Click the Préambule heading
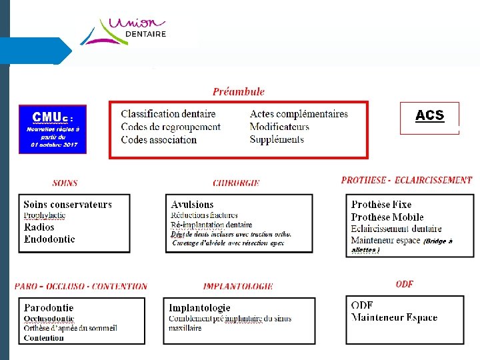pos(238,92)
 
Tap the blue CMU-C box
pos(53,129)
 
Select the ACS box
pos(429,117)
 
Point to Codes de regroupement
pos(171,127)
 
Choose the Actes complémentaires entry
pos(299,114)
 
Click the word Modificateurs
pos(279,127)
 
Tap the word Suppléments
pos(277,139)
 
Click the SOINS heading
pos(65,183)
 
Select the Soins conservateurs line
pos(67,205)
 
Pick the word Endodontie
pos(49,239)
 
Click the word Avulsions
pos(192,205)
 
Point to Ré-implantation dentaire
pos(211,225)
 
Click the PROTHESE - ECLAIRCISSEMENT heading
pos(406,180)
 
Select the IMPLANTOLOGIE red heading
pos(238,287)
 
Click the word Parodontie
pos(49,308)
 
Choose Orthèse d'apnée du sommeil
pos(70,328)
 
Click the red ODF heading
pos(404,284)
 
